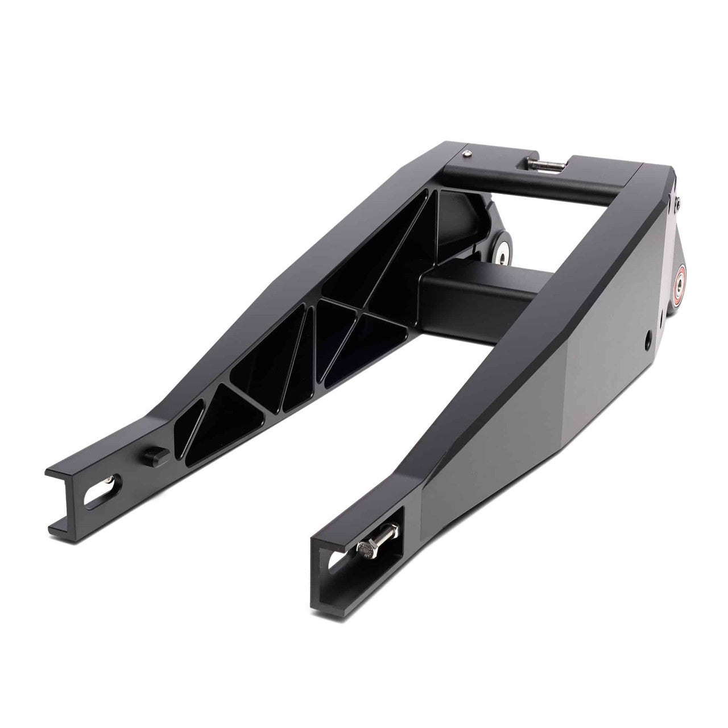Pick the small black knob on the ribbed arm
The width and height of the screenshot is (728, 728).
click(152, 455)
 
